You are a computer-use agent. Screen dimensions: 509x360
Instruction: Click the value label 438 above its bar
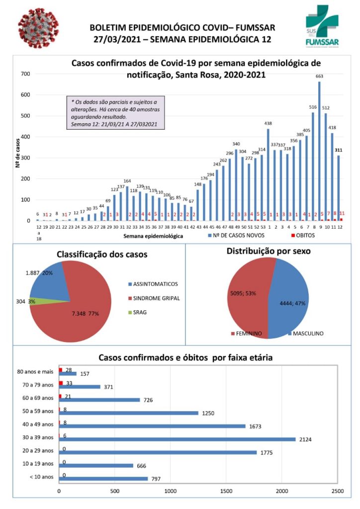click(x=268, y=123)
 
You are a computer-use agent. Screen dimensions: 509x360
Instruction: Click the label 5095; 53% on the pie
click(x=242, y=293)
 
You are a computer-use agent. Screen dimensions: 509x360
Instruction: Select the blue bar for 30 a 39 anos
click(x=177, y=439)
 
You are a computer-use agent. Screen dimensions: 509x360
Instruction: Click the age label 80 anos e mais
click(x=35, y=371)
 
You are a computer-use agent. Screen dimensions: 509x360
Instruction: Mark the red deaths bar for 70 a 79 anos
click(x=61, y=383)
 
